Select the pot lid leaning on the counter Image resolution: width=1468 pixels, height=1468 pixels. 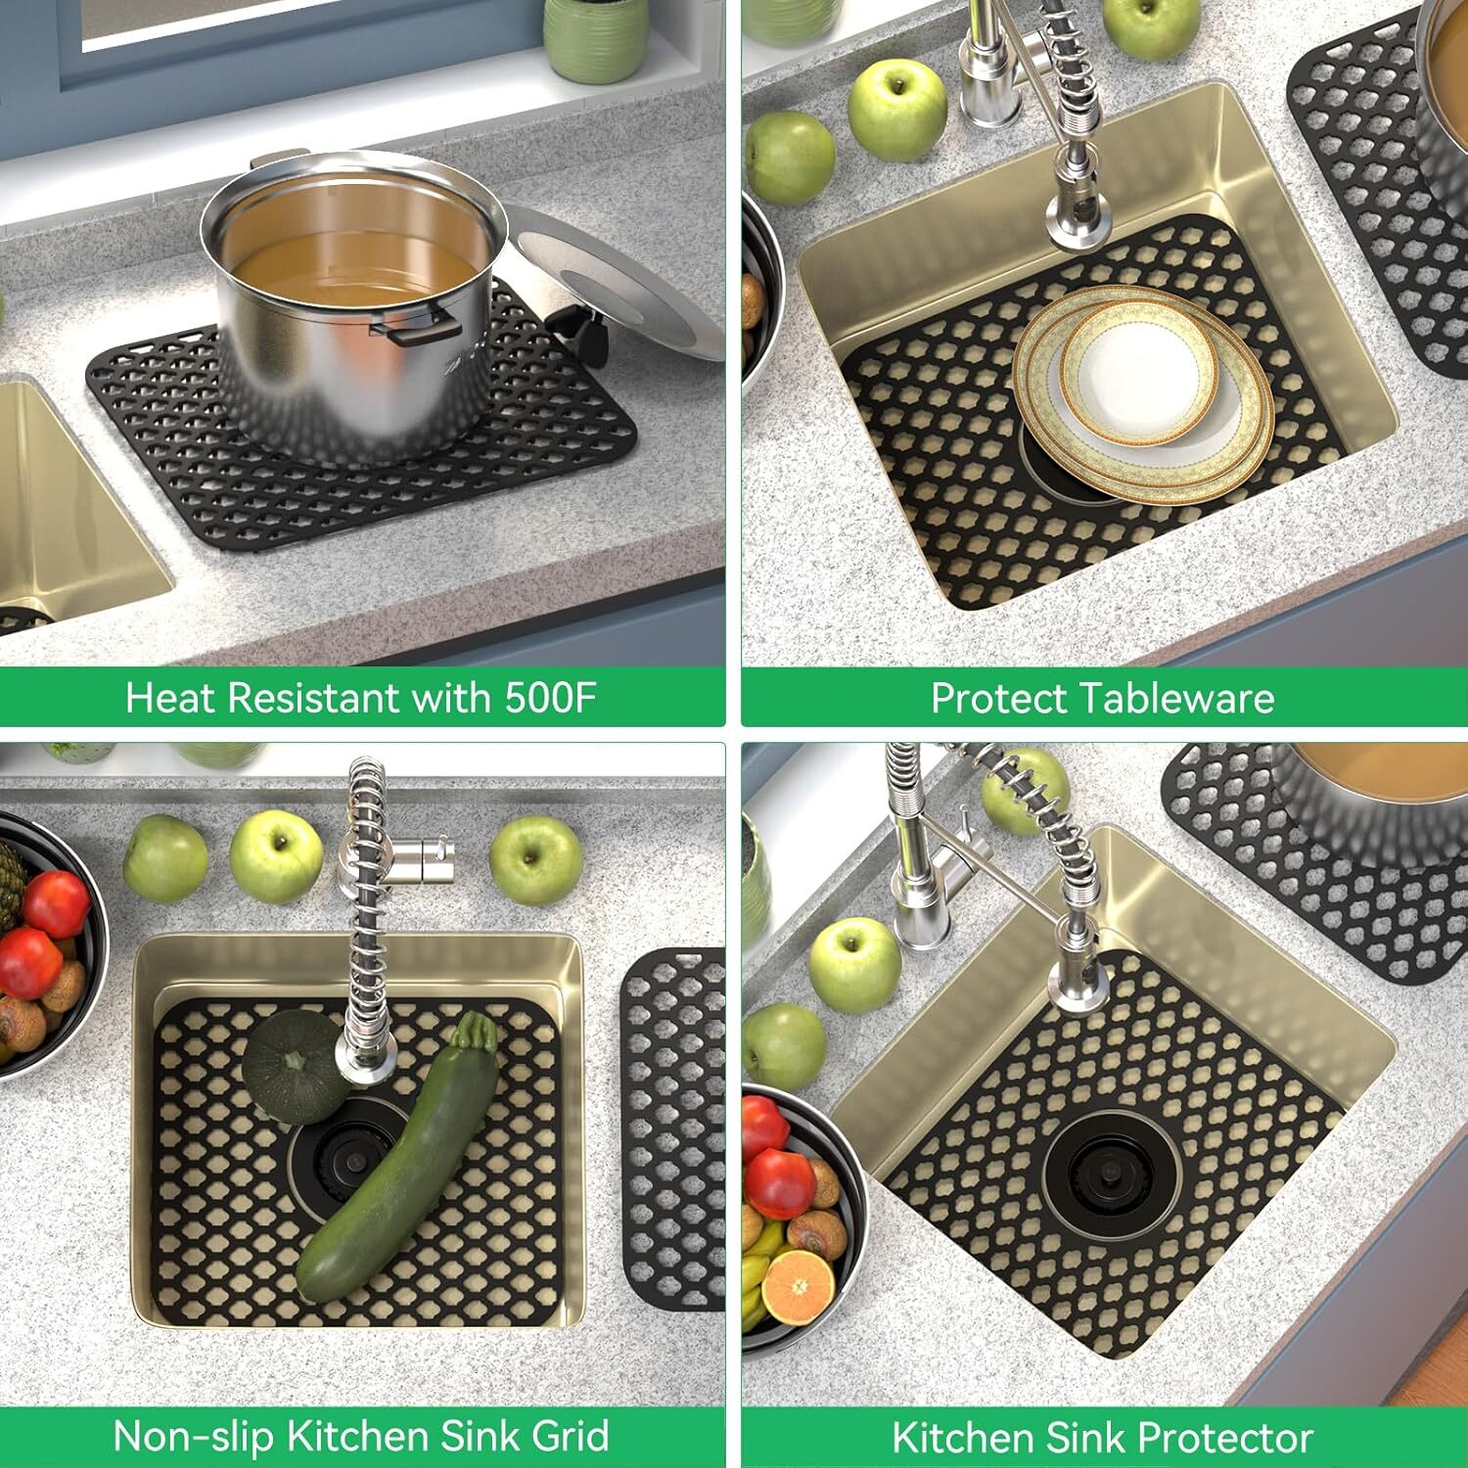tap(626, 284)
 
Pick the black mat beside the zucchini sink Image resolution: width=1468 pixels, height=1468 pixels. tap(675, 1125)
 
